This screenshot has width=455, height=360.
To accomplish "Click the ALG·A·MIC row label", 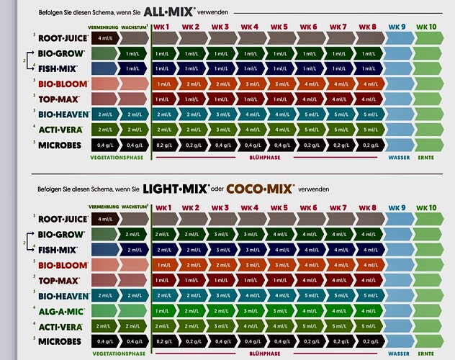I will point(59,310).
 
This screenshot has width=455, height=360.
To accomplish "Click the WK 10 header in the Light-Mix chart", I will point(427,207).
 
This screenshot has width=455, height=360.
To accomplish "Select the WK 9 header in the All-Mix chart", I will point(397,27).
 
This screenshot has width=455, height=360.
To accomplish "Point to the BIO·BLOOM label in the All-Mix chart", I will point(58,84).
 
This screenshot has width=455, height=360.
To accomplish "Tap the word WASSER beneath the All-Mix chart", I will point(399,156).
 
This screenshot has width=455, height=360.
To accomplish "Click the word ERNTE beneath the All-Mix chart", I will point(426,156).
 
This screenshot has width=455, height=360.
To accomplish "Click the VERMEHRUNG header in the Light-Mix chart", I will point(103,207).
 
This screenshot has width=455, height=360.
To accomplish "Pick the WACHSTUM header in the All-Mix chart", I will point(135,26).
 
